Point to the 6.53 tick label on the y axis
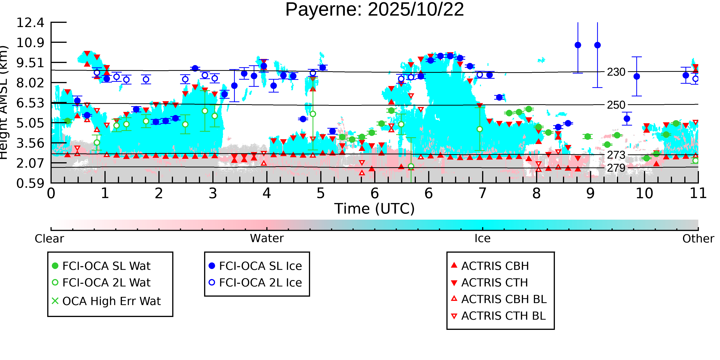tap(30, 103)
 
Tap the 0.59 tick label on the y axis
tap(30, 184)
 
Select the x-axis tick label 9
tap(590, 193)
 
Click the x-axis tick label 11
tap(698, 193)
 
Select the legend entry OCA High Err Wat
tap(111, 301)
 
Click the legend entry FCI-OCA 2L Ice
tap(260, 283)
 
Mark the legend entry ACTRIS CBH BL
tap(504, 299)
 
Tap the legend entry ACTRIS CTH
tap(494, 283)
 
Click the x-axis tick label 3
tap(213, 193)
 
